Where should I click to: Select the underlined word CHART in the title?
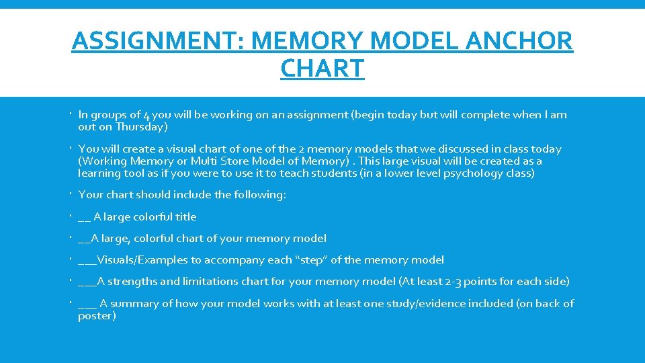click(x=322, y=68)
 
